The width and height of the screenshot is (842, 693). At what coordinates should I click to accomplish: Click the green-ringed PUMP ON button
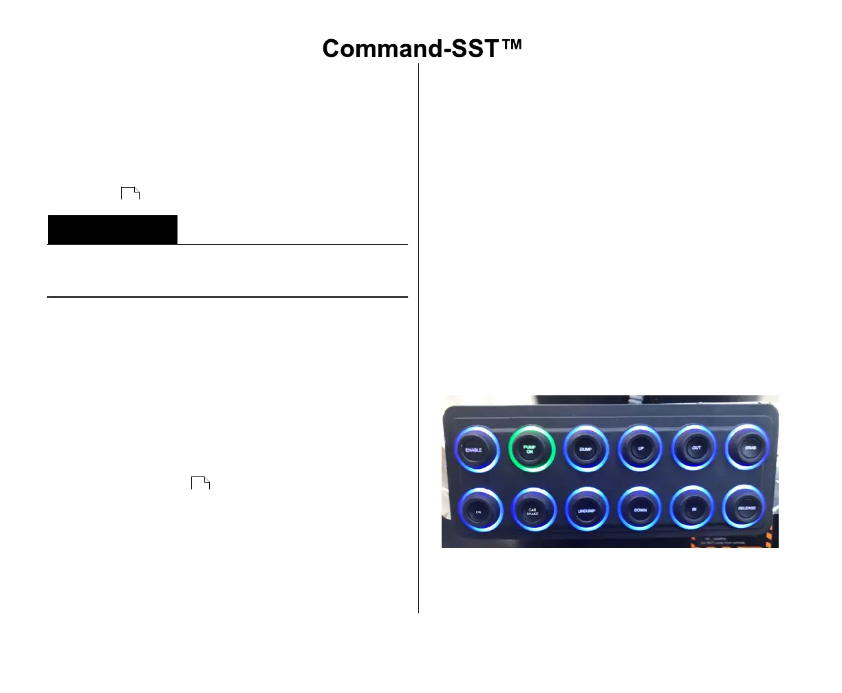530,449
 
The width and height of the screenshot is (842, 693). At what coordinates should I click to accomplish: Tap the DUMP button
585,449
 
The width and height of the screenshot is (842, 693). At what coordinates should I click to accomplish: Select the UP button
640,448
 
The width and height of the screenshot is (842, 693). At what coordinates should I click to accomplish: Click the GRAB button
750,448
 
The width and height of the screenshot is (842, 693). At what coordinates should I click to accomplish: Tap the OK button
479,511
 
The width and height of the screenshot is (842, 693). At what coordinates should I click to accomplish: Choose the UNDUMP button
586,511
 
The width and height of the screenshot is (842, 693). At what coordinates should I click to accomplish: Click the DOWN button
640,510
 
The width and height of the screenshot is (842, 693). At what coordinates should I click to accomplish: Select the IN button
694,509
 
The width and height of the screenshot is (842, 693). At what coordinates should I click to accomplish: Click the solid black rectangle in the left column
112,230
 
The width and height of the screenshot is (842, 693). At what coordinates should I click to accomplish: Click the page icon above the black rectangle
130,192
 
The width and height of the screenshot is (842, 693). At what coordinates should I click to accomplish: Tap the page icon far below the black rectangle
199,482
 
